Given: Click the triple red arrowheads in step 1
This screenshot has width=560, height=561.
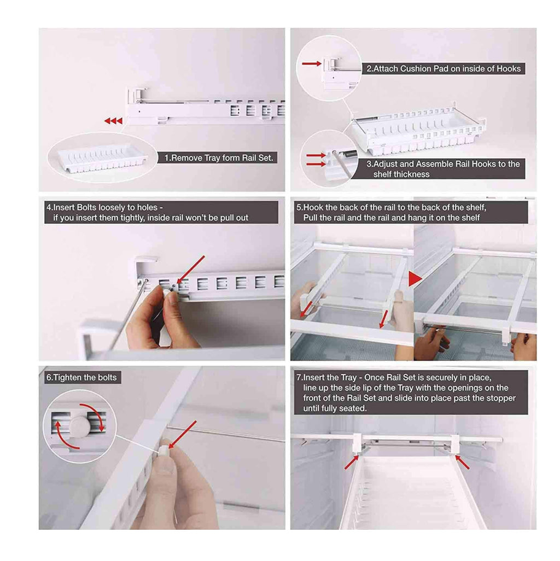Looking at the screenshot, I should (x=113, y=121).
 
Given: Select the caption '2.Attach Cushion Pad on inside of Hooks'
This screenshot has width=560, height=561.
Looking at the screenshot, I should (x=443, y=69).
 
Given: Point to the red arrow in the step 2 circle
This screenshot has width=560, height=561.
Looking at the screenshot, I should (x=311, y=64).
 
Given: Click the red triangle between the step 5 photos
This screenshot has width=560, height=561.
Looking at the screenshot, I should (x=416, y=280).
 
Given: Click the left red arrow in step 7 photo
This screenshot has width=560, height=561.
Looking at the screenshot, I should (x=352, y=463).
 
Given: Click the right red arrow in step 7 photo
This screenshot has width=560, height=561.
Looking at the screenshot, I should (x=462, y=463).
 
